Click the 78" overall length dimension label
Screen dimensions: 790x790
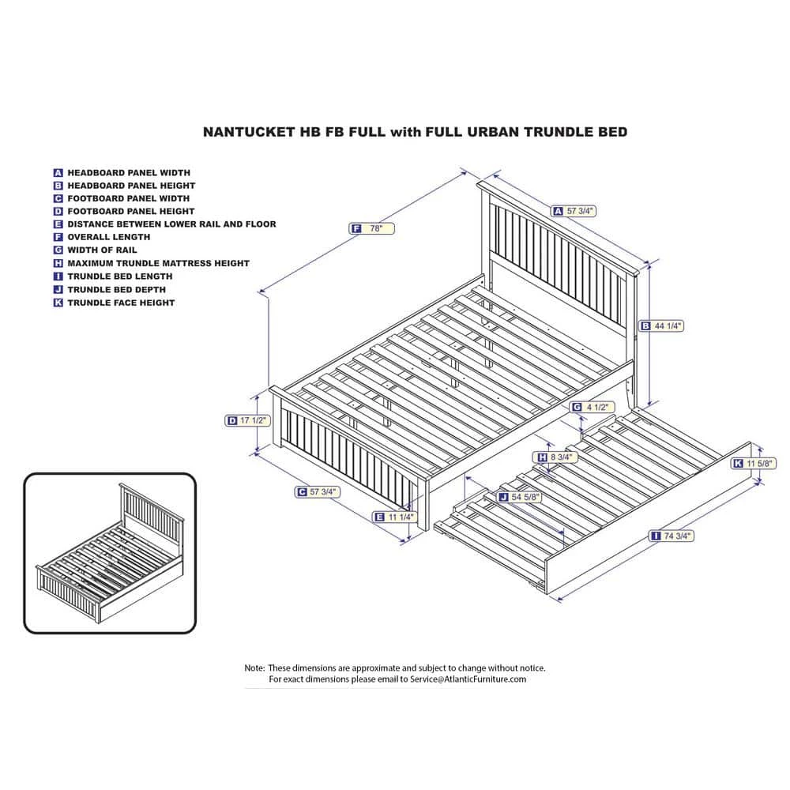[372, 229]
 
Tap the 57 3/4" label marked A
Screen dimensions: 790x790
[574, 211]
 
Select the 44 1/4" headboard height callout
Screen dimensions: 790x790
[661, 326]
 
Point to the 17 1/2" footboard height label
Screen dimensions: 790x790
[247, 420]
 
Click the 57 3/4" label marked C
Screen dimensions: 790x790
[318, 491]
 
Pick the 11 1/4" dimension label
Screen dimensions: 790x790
[394, 517]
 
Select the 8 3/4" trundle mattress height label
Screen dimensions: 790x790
[555, 457]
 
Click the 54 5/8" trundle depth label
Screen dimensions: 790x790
[520, 497]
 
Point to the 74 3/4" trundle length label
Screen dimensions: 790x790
[671, 536]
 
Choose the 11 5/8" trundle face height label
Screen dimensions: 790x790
[754, 463]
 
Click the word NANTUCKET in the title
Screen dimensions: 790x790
[248, 132]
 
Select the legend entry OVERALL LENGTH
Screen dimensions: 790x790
[109, 237]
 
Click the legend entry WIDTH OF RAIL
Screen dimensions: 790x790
[102, 250]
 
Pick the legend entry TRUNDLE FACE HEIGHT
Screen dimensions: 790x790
[121, 303]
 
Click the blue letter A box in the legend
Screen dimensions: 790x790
[58, 173]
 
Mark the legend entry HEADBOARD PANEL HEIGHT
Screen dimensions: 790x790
[131, 186]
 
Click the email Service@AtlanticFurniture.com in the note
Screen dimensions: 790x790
[468, 679]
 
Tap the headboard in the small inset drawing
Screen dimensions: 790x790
[150, 508]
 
